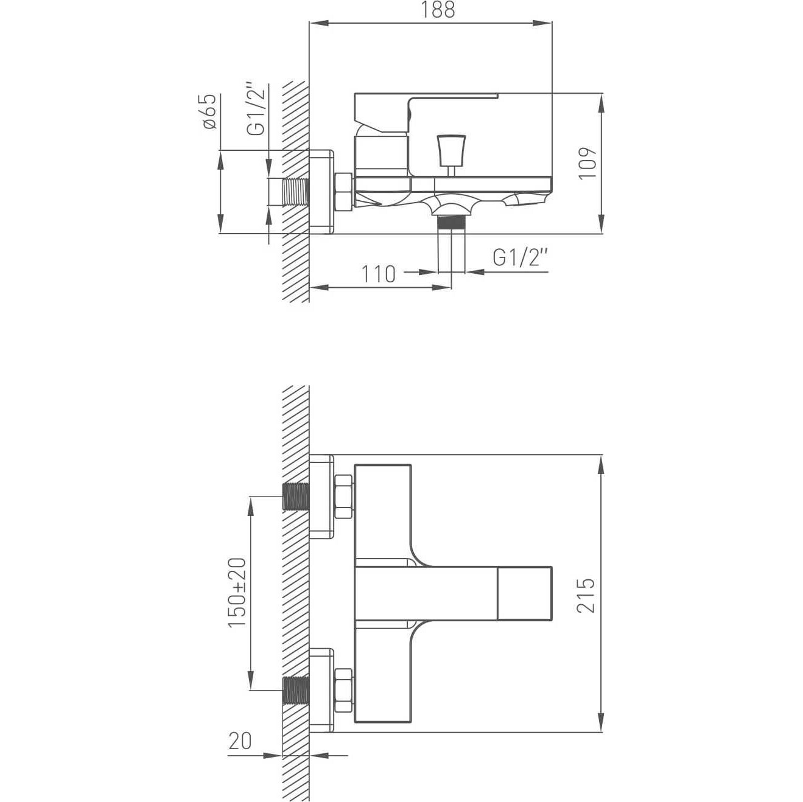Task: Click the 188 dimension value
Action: [438, 10]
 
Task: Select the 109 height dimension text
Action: [587, 163]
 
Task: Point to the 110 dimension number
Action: [378, 274]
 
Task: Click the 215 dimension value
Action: [586, 595]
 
